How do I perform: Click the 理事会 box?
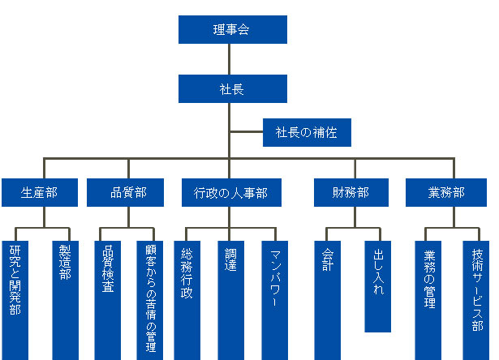(232, 30)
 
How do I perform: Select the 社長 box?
(232, 88)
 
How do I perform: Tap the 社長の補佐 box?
(307, 132)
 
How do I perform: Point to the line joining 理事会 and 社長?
(231, 58)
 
